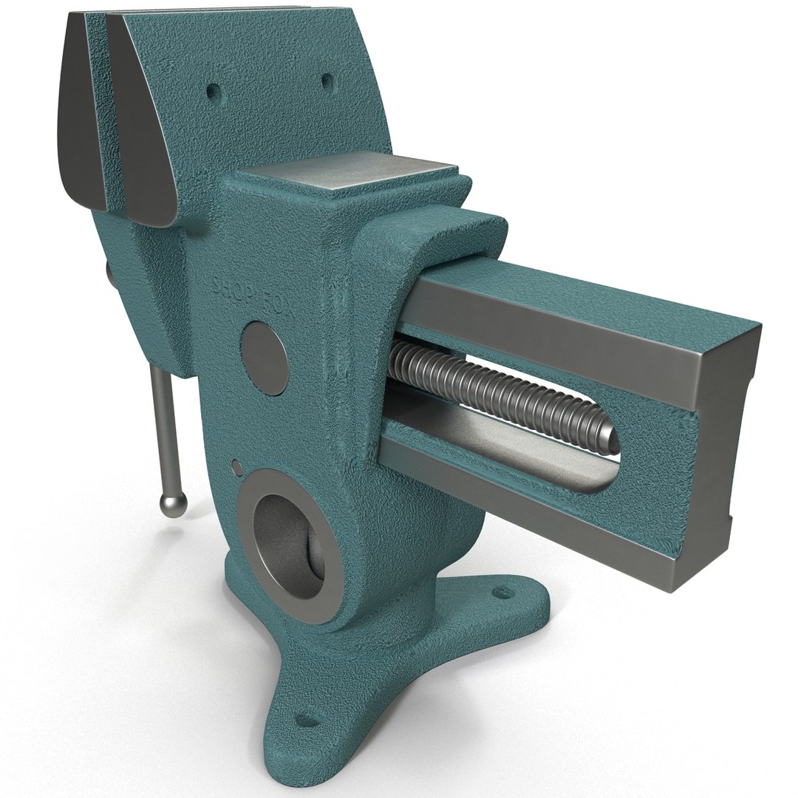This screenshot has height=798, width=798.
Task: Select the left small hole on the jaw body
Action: point(214,92)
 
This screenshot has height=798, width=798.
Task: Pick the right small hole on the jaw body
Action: point(325,79)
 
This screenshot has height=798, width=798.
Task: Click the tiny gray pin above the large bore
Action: point(236,466)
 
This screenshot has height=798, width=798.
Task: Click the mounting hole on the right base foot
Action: point(505,592)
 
